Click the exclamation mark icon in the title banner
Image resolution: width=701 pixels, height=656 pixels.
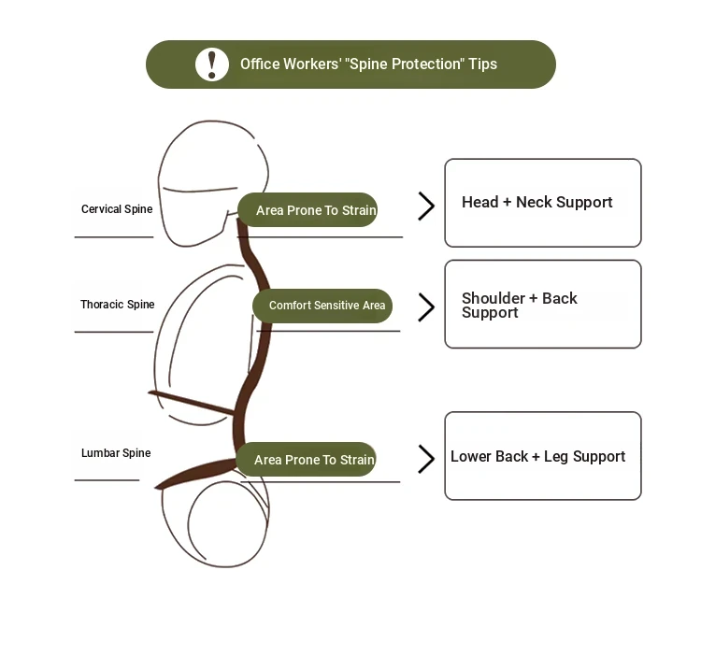click(x=212, y=64)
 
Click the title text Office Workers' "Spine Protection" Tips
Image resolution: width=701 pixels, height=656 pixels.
click(x=368, y=64)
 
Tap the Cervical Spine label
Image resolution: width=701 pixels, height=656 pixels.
click(x=116, y=209)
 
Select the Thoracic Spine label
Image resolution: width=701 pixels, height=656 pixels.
click(x=117, y=305)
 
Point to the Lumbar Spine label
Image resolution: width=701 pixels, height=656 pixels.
click(x=116, y=453)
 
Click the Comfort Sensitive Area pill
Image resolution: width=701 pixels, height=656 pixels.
click(x=323, y=306)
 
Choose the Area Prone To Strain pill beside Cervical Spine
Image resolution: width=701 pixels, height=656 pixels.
click(x=308, y=210)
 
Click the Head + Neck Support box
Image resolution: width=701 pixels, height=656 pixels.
click(x=542, y=203)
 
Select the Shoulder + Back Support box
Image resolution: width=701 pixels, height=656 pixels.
click(x=542, y=305)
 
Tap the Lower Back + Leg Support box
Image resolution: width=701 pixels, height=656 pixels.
click(x=542, y=456)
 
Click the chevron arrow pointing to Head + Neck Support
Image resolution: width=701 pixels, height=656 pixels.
click(x=426, y=207)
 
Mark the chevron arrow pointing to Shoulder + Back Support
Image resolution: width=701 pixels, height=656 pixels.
click(x=426, y=307)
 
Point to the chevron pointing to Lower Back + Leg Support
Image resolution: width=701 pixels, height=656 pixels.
click(x=426, y=459)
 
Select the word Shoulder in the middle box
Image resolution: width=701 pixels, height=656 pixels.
click(x=494, y=298)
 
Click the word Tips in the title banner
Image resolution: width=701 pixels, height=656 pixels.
click(x=483, y=64)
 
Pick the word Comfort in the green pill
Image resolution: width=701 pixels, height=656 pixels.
click(x=290, y=306)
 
